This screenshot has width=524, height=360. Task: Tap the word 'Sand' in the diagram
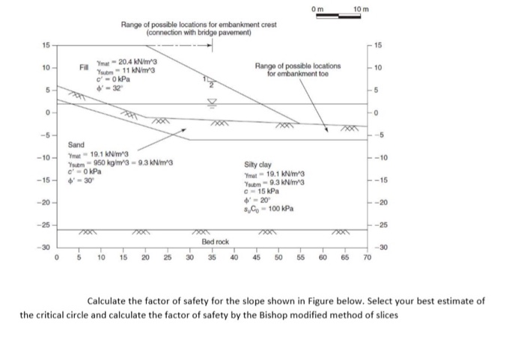(76, 144)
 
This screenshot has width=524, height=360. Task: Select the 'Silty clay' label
(258, 165)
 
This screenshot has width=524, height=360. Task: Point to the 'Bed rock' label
(216, 242)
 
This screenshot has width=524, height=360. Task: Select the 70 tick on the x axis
(367, 258)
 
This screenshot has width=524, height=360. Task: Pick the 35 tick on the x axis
(212, 258)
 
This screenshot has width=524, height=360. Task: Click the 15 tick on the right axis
(378, 47)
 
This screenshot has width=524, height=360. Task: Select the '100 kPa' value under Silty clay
(282, 207)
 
